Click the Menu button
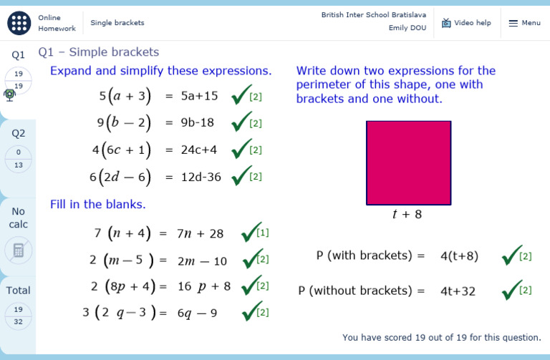[524, 23]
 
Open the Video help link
[466, 23]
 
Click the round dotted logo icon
[19, 23]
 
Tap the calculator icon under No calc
[18, 250]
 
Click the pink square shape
[408, 163]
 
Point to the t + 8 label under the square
[407, 214]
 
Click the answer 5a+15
[200, 96]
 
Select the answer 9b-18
[198, 122]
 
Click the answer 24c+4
[200, 150]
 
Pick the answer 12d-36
[201, 177]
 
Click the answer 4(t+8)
[459, 256]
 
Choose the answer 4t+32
[458, 291]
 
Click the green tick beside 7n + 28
[251, 233]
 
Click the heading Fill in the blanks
[98, 204]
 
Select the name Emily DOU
[407, 28]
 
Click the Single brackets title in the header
[117, 23]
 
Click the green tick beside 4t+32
[511, 290]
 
